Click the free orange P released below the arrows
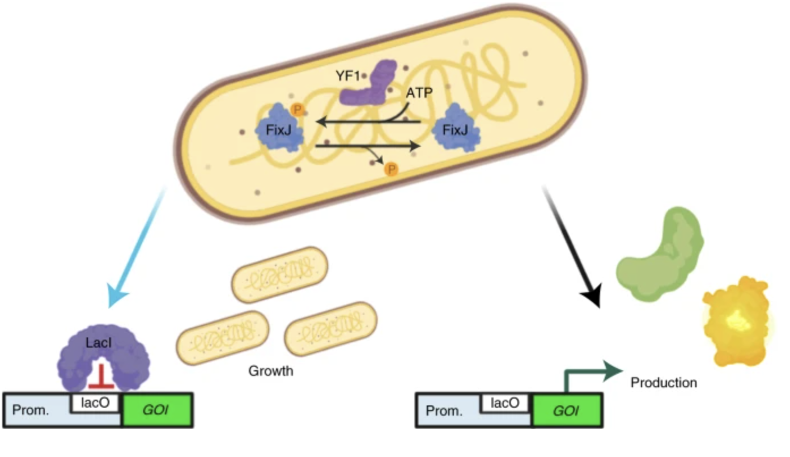(x=390, y=169)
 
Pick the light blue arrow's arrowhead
(x=118, y=299)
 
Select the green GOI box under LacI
(x=158, y=410)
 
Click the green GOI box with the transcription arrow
(x=567, y=411)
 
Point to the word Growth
(x=271, y=371)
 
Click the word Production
(x=664, y=383)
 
